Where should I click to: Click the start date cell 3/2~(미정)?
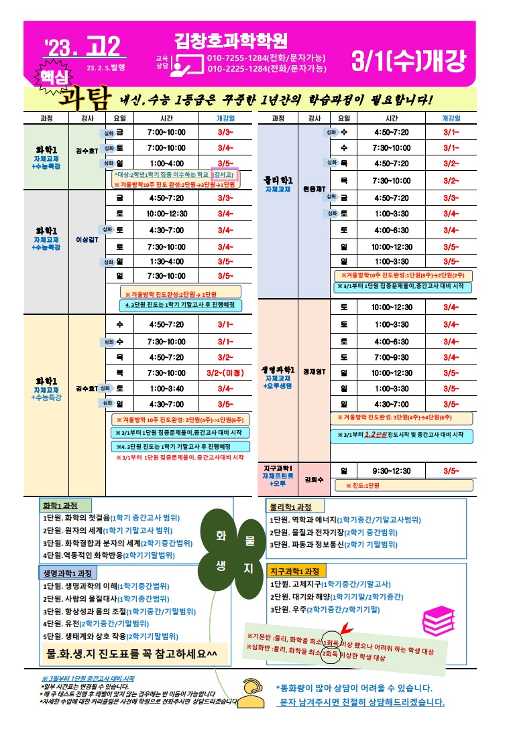pyautogui.click(x=225, y=373)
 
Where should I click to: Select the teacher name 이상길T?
pyautogui.click(x=87, y=239)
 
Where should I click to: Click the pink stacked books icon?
pyautogui.click(x=440, y=617)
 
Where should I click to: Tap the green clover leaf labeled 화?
pyautogui.click(x=221, y=536)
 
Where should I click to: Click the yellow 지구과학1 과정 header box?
pyautogui.click(x=296, y=572)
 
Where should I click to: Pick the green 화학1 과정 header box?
pyautogui.click(x=65, y=506)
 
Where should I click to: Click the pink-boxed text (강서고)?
pyautogui.click(x=223, y=174)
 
